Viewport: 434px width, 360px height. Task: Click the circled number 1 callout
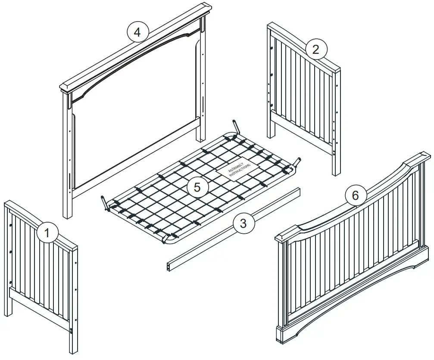click(47, 233)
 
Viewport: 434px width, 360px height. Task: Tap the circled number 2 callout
click(316, 49)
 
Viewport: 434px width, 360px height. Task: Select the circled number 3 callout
click(244, 223)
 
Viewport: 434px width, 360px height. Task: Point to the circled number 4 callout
click(137, 33)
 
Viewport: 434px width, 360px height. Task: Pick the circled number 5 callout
click(197, 187)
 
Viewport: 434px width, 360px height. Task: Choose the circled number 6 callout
click(355, 195)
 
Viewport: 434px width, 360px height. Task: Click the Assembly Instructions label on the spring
click(237, 171)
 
